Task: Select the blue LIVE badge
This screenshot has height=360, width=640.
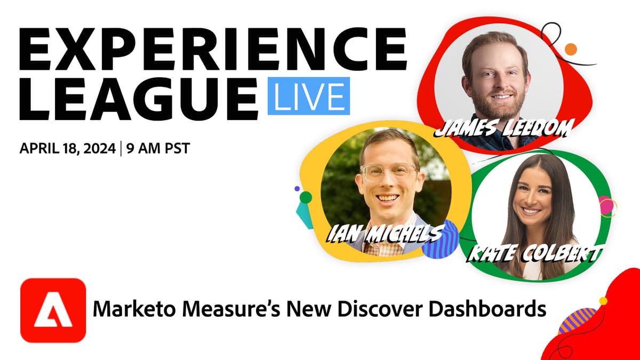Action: point(309,97)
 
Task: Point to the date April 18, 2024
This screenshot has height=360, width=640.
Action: point(67,148)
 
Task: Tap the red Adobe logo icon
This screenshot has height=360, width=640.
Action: point(53,310)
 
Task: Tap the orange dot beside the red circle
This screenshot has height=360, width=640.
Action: point(571,50)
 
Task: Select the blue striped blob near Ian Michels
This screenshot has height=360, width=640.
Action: point(441,241)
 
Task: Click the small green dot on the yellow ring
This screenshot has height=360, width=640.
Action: point(306,197)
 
